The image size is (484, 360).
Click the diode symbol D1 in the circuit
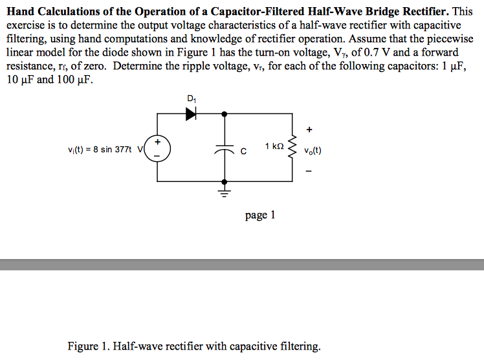click(191, 113)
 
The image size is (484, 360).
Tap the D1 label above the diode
click(191, 98)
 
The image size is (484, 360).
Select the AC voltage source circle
click(157, 148)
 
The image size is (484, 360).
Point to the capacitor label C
click(243, 152)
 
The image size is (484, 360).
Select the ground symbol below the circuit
click(225, 192)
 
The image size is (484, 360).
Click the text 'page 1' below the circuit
click(260, 215)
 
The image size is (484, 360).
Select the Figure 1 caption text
click(194, 346)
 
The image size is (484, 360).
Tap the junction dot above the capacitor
click(225, 113)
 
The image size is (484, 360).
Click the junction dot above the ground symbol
click(225, 181)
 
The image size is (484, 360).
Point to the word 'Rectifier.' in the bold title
click(424, 12)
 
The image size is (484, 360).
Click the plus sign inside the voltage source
click(157, 142)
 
